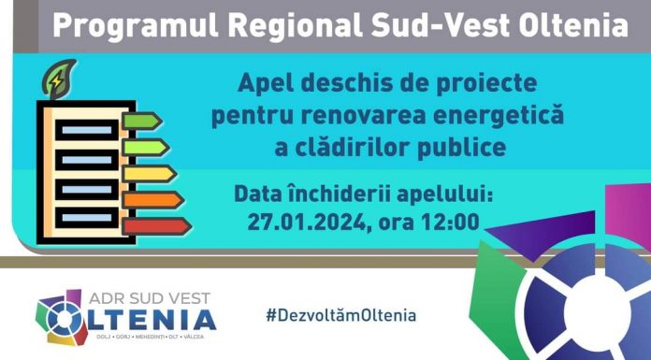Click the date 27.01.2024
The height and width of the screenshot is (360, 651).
click(308, 223)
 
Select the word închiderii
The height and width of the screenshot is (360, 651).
click(357, 195)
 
